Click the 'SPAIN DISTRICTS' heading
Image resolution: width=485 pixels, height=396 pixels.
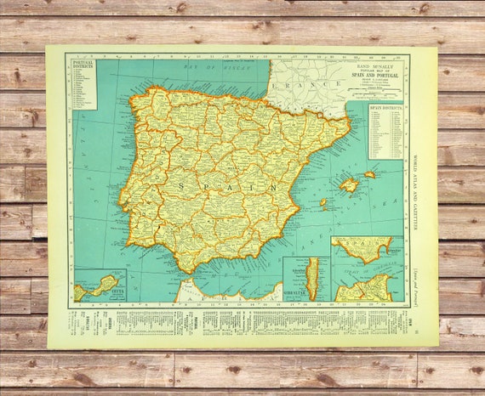coord(386,108)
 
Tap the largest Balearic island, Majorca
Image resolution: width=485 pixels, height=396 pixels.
coord(349,184)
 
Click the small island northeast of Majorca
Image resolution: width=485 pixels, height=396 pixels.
coord(369,175)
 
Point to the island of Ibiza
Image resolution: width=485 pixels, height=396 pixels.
coord(323,204)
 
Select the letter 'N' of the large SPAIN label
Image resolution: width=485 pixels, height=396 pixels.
coord(272,187)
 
